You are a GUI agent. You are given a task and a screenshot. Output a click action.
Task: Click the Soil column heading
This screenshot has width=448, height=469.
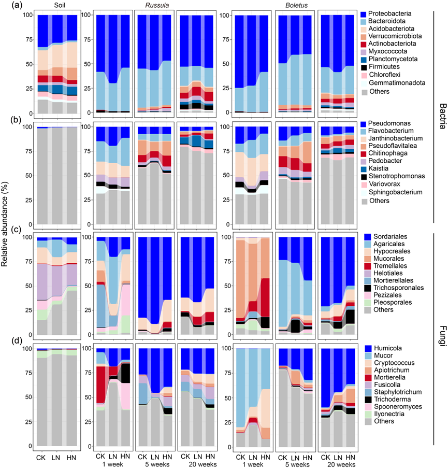point(50,5)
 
